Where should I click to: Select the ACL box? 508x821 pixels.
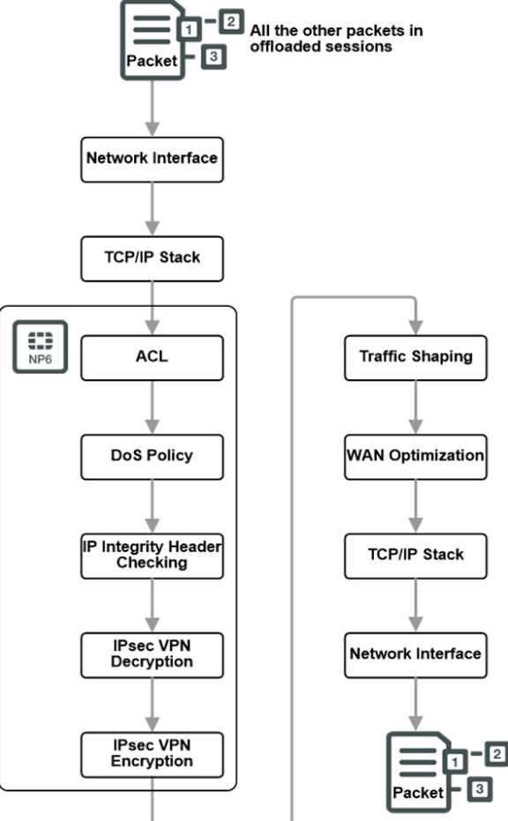(x=152, y=357)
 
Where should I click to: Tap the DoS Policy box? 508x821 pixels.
(x=152, y=456)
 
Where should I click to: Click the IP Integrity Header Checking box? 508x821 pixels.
(x=152, y=555)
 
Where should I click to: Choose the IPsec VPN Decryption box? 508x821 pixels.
(x=152, y=653)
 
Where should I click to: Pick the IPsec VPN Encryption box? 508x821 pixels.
(x=152, y=753)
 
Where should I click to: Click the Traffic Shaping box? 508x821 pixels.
(x=415, y=357)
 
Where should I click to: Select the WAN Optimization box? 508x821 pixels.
(x=415, y=456)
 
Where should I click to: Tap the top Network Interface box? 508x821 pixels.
(x=152, y=159)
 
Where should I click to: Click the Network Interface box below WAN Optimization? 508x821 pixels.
(x=415, y=653)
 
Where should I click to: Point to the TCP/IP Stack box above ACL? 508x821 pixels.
(x=152, y=257)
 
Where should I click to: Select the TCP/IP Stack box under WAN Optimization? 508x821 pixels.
(x=415, y=555)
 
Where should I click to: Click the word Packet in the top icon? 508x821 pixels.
(x=151, y=61)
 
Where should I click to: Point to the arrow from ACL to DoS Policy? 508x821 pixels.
(x=152, y=407)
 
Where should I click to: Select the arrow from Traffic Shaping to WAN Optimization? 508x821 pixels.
(x=415, y=407)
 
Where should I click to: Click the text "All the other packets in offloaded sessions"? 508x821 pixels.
(x=335, y=38)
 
